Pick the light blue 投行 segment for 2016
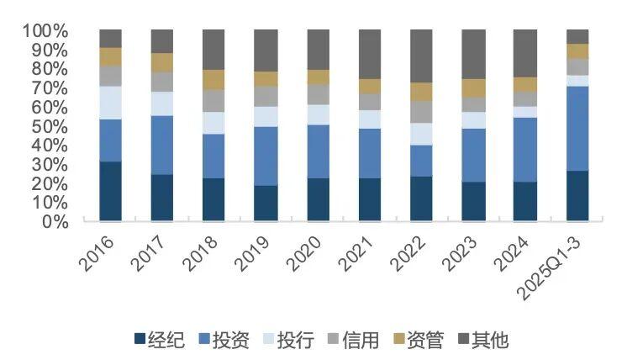[x=110, y=103]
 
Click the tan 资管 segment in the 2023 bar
[x=473, y=87]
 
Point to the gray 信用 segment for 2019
[x=266, y=96]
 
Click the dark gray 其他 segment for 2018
[x=213, y=49]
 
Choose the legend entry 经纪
[x=155, y=340]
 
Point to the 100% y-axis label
[x=44, y=31]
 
